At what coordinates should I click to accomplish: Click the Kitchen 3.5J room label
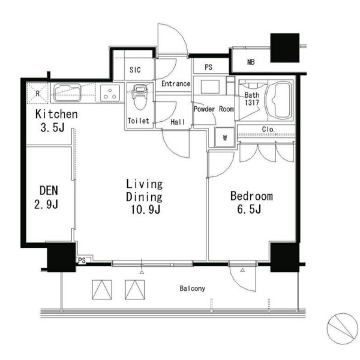click(56, 121)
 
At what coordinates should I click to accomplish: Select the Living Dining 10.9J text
click(145, 197)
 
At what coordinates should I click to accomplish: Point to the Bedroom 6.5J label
click(251, 203)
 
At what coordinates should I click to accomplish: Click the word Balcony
click(192, 289)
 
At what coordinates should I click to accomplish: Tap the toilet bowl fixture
click(140, 97)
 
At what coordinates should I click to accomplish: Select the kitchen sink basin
click(67, 93)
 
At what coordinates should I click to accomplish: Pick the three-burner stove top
click(110, 93)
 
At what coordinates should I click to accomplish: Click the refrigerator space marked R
click(37, 93)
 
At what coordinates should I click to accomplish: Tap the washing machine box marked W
click(225, 137)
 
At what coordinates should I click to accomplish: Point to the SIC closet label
click(135, 70)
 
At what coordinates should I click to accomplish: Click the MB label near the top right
click(251, 62)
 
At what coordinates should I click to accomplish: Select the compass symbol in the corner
click(342, 328)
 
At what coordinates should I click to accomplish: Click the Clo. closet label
click(268, 129)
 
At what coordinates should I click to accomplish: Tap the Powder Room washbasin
click(210, 86)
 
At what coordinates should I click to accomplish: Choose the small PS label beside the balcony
click(82, 260)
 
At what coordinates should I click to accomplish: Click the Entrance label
click(176, 83)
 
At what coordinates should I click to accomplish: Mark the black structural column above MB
click(284, 48)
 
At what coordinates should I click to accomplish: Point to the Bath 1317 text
click(252, 99)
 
